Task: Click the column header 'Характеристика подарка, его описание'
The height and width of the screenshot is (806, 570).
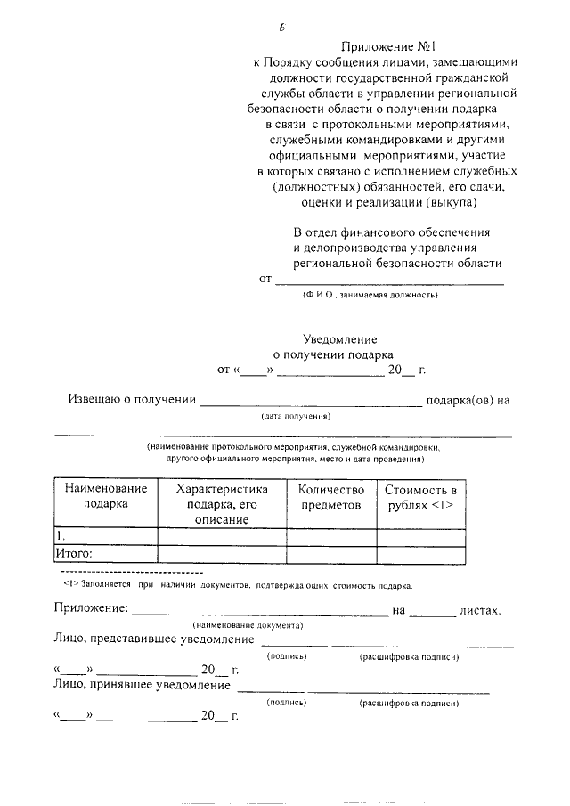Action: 222,504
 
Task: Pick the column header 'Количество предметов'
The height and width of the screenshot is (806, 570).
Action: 331,496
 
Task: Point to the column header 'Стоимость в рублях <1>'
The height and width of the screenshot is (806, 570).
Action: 421,496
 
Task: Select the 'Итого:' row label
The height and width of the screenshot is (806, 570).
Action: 75,553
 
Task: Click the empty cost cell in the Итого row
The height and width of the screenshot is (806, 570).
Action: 421,553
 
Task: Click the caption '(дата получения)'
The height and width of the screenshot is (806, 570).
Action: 297,416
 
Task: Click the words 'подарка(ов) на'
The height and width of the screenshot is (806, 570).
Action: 468,400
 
